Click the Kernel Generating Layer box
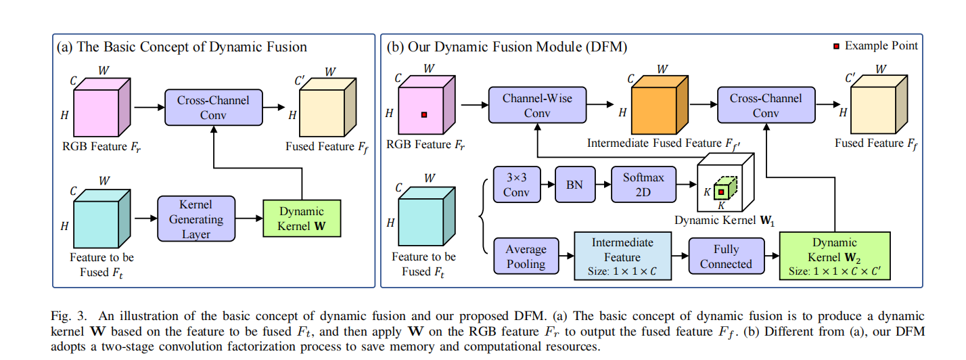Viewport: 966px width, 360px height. tap(195, 219)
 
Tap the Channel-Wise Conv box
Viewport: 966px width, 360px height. tap(536, 106)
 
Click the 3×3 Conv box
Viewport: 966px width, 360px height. tap(517, 184)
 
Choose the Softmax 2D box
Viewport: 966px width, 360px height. tap(643, 184)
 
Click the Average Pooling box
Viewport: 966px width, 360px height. tap(526, 256)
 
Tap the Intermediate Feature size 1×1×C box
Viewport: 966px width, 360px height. tap(622, 256)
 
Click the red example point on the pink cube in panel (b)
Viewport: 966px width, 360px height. tap(424, 115)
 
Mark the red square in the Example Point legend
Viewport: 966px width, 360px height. tap(837, 46)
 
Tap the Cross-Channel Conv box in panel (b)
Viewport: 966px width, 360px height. tap(766, 106)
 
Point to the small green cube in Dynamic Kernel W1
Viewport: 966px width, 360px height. tap(722, 192)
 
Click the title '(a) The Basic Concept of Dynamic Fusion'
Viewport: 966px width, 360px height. tap(183, 47)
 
